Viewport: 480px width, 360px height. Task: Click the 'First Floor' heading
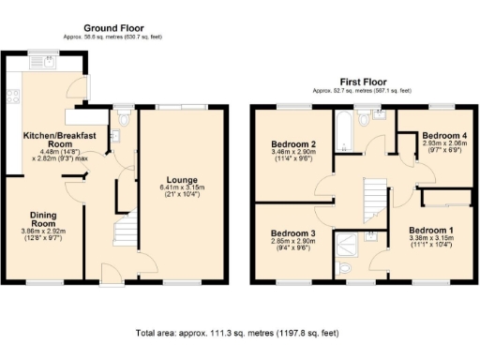point(365,82)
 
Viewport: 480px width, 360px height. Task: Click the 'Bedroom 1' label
point(429,230)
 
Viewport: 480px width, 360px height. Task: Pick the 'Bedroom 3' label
point(292,232)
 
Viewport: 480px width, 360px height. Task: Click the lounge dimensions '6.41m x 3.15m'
point(182,187)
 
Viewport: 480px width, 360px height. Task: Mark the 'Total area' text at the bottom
point(239,333)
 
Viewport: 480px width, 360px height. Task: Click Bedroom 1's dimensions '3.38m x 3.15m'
point(429,238)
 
